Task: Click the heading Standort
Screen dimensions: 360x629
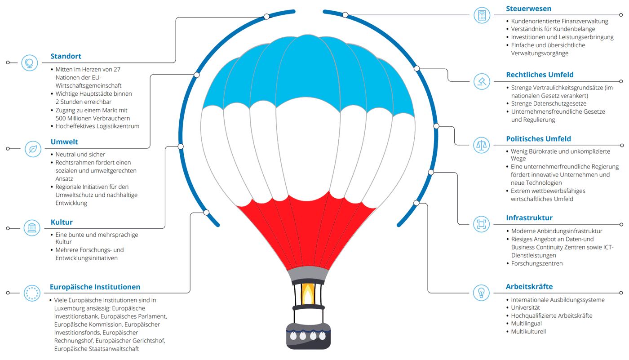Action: coord(66,56)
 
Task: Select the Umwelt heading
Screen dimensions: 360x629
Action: coord(64,142)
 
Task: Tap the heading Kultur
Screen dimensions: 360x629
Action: coord(62,222)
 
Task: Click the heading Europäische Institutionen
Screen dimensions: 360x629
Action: coord(95,287)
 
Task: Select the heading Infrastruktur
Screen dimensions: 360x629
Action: coord(529,218)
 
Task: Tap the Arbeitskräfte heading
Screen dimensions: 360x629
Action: coord(529,286)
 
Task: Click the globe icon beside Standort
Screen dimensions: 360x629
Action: coord(30,62)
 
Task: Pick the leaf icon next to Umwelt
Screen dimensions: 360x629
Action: coord(32,148)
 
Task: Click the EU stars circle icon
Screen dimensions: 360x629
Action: coord(32,293)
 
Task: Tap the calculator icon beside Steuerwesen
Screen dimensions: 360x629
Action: coord(482,15)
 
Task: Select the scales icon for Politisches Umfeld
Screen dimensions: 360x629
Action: coord(481,145)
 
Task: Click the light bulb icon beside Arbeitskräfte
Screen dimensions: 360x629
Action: coord(481,293)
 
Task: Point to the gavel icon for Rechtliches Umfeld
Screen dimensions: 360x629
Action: coord(482,81)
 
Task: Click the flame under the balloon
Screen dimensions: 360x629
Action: coord(308,294)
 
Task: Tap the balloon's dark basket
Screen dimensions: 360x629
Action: coord(308,335)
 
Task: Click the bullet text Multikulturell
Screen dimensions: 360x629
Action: coord(528,332)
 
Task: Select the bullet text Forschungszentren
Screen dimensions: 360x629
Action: coord(537,263)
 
